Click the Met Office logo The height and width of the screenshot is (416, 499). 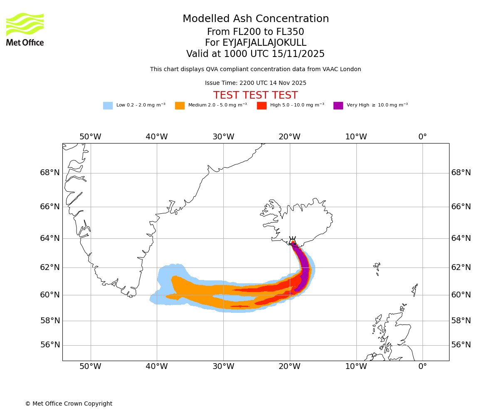(x=25, y=29)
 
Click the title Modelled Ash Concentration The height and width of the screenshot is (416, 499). (x=255, y=19)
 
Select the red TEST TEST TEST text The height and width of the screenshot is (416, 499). (x=255, y=96)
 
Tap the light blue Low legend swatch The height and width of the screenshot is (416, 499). (x=108, y=106)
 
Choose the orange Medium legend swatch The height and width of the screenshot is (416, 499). (x=180, y=106)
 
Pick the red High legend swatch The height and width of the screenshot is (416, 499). (x=262, y=106)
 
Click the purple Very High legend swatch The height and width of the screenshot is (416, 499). (x=338, y=106)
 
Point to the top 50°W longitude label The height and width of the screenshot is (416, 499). (x=90, y=137)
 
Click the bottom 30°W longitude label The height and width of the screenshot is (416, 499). (x=223, y=366)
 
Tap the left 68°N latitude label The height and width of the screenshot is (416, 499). (x=50, y=173)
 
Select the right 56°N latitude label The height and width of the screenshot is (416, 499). (x=461, y=345)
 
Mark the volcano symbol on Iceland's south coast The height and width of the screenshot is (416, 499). (x=293, y=241)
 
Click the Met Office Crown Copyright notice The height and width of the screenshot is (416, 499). (x=69, y=404)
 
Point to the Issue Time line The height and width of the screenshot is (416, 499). (x=255, y=83)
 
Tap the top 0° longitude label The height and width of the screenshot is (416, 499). (x=422, y=137)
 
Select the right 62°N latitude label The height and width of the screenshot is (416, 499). (x=461, y=267)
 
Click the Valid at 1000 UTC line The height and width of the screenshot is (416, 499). (x=255, y=54)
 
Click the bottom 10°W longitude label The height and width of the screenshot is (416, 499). (x=356, y=366)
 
